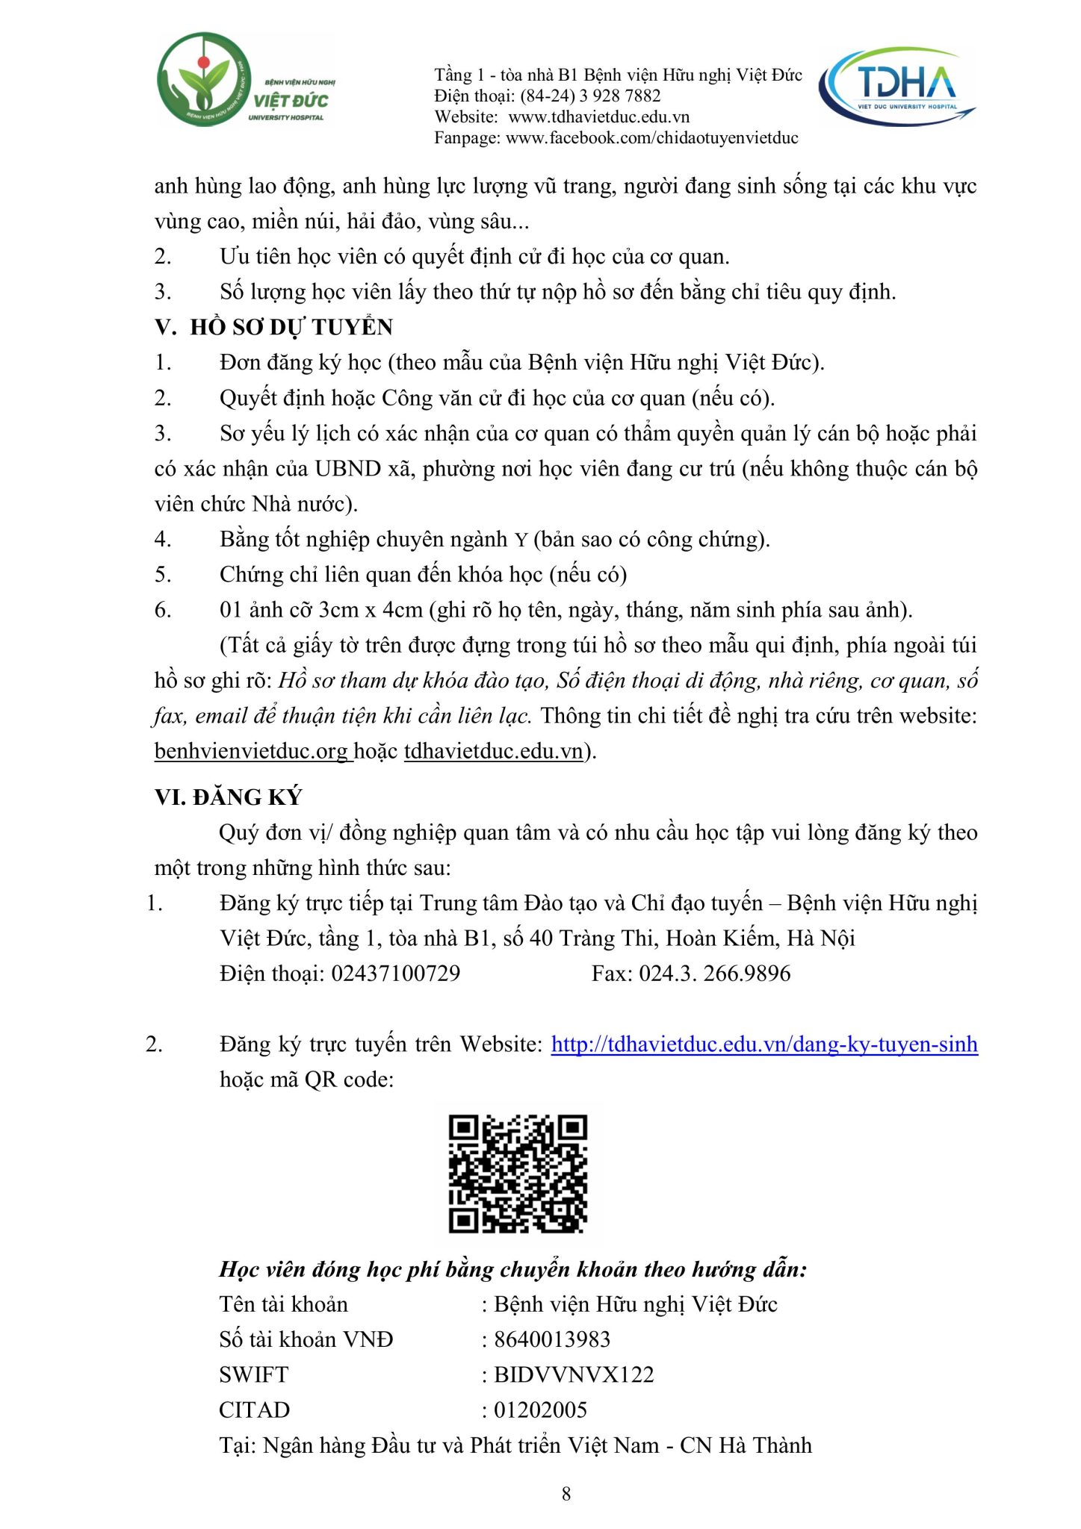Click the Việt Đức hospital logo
(246, 80)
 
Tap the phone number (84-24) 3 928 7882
(590, 96)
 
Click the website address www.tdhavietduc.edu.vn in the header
(598, 116)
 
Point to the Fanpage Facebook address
(651, 137)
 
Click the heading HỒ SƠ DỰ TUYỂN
(291, 327)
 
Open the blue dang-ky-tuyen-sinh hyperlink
(764, 1044)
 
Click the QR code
(518, 1174)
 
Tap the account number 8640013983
(552, 1339)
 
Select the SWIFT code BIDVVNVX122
(574, 1374)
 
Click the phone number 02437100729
(396, 974)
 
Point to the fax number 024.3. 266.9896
(714, 974)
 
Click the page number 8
(566, 1493)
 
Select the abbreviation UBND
(347, 469)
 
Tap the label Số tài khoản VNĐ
(306, 1339)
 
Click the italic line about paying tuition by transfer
(513, 1269)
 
